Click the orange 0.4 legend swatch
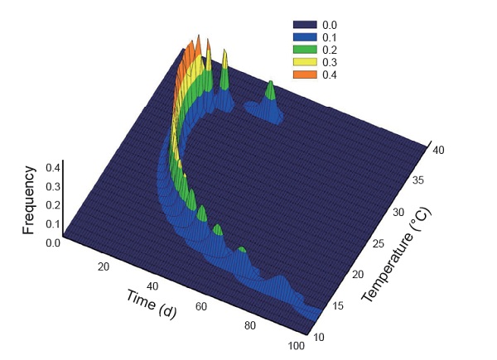tap(306, 75)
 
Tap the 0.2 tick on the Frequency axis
tap(52, 205)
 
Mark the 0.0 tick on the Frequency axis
tap(52, 242)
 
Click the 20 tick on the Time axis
tap(104, 266)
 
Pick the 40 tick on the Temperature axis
tap(439, 151)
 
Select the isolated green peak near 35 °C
tap(270, 84)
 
